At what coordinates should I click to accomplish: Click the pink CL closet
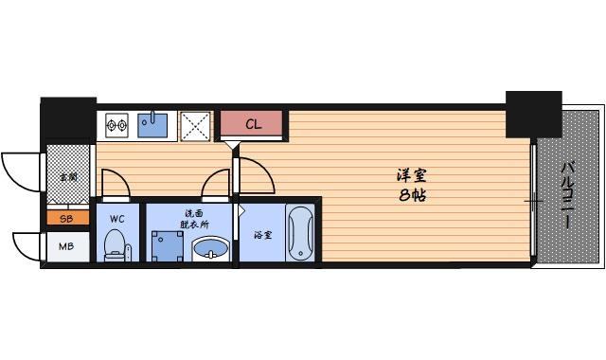(x=254, y=124)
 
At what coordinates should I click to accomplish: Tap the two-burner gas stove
(x=116, y=124)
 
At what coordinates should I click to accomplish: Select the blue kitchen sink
(x=152, y=124)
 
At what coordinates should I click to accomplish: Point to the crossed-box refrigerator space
(x=196, y=124)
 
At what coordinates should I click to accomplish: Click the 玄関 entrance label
(x=68, y=176)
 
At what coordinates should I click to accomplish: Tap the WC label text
(x=117, y=219)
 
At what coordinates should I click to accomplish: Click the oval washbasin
(x=209, y=250)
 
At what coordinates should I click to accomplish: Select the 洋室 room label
(x=410, y=175)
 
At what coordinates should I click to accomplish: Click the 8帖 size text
(x=410, y=196)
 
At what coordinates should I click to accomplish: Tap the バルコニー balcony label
(x=566, y=194)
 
